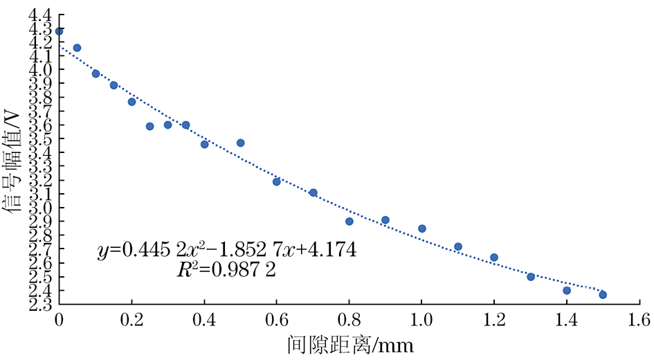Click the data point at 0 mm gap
click(59, 31)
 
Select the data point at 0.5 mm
click(240, 143)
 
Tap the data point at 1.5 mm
click(603, 294)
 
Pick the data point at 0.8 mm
click(349, 222)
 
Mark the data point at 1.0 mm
click(421, 228)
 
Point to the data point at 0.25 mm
click(149, 126)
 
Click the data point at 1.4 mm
click(567, 290)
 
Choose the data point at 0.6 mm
click(276, 181)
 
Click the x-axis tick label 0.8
click(349, 319)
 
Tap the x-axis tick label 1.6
click(639, 319)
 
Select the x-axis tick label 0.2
click(131, 319)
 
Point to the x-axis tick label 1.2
click(494, 319)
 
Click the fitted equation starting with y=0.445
click(226, 249)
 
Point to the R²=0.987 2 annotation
click(226, 270)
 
